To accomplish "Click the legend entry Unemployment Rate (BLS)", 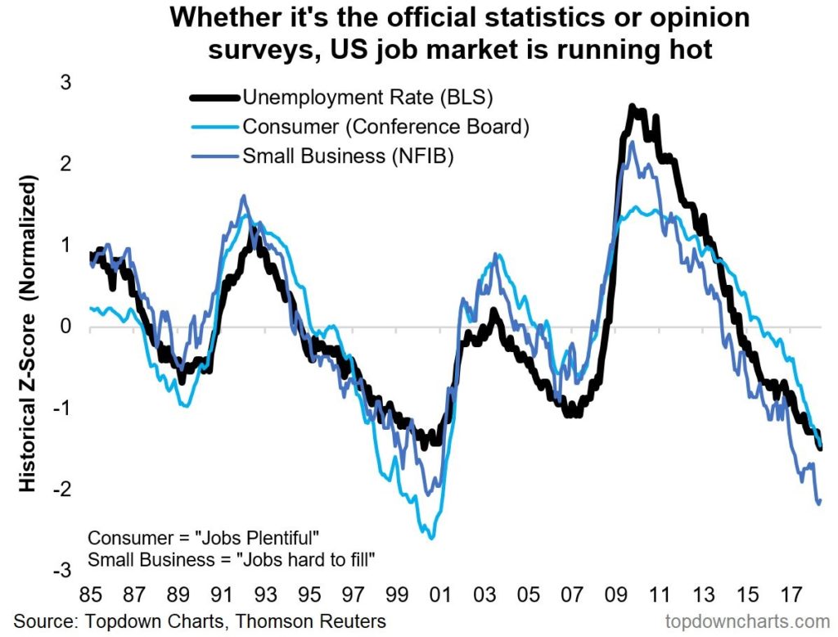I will [367, 98].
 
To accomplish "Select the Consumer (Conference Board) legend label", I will [385, 127].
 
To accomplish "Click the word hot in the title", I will [691, 50].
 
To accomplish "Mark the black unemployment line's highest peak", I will [632, 106].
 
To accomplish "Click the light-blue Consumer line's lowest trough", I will [431, 537].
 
